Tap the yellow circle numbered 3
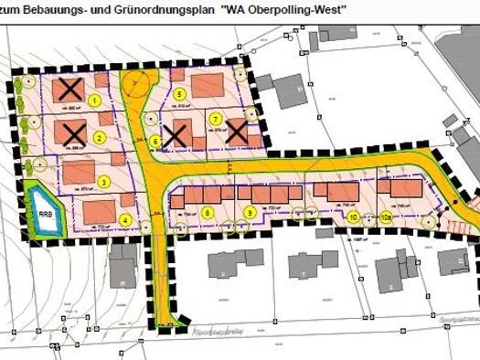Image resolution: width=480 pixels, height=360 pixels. pos(104,181)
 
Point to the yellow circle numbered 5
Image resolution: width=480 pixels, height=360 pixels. pos(180,94)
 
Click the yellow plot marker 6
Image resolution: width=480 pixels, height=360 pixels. pos(156,142)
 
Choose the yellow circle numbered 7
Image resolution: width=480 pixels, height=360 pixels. pos(216,119)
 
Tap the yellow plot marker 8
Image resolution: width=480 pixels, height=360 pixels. pos(208,212)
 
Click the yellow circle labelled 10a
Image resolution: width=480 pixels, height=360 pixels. pos(387,217)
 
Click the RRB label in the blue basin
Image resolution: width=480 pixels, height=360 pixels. pos(45,213)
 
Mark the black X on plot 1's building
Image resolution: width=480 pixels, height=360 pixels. pos(67,90)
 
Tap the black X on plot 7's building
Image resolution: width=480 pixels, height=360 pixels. pos(238,134)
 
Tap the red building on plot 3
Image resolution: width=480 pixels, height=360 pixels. pos(78,172)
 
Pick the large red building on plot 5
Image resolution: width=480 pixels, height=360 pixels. pos(208,87)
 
